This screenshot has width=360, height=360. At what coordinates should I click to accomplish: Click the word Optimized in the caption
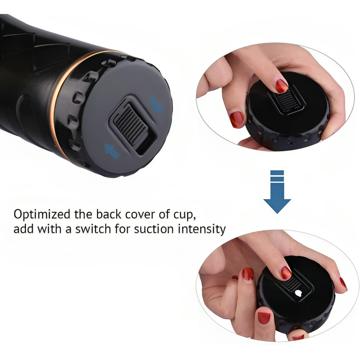(x=42, y=215)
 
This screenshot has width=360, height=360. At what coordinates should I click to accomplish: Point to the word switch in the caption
(x=93, y=229)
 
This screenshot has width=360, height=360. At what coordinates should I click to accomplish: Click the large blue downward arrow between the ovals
(x=277, y=192)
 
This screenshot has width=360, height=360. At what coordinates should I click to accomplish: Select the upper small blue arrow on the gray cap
(x=156, y=105)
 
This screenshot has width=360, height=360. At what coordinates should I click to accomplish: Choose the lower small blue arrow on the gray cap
(x=112, y=151)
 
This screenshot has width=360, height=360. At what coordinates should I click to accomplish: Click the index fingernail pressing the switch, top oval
(x=281, y=86)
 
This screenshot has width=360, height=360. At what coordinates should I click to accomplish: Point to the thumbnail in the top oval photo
(x=237, y=119)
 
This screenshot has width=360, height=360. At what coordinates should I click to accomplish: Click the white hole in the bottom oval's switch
(x=299, y=293)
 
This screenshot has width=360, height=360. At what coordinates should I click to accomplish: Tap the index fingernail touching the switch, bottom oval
(x=286, y=273)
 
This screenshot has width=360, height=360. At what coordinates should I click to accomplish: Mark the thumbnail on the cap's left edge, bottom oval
(x=264, y=318)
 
